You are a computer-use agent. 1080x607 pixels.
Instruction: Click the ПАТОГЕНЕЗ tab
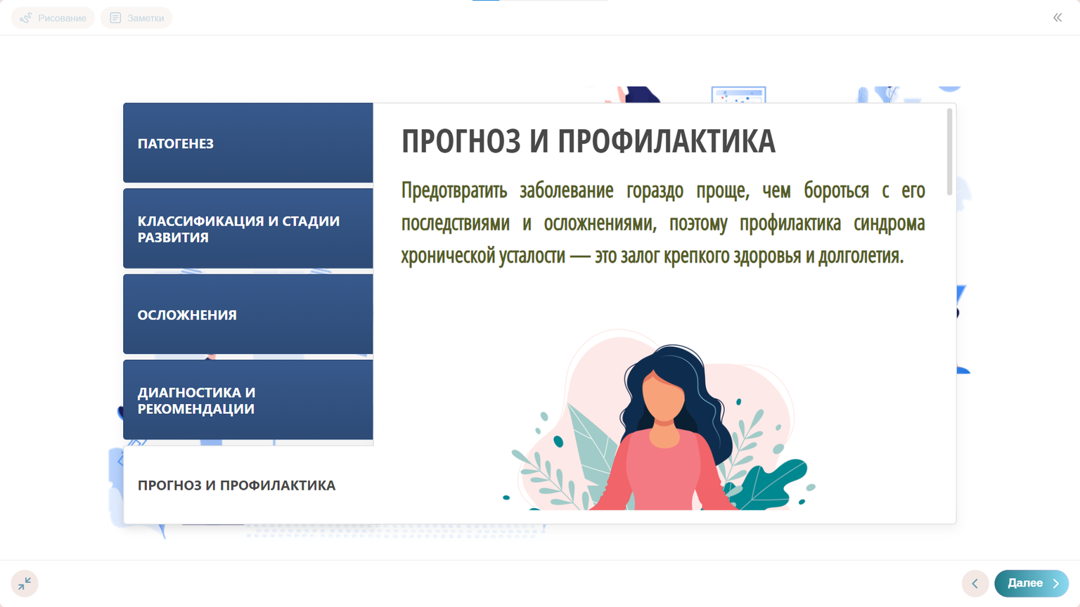247,143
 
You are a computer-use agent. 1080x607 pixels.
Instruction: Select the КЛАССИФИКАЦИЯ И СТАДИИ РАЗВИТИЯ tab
247,229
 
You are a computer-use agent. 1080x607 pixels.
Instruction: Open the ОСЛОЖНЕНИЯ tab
247,315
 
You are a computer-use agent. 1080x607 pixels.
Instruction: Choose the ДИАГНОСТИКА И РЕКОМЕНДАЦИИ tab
247,400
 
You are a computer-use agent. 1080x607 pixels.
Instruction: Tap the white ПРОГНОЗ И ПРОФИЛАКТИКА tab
247,485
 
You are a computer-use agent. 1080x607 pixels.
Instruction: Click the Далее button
1031,583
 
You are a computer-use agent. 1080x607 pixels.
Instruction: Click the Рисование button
53,18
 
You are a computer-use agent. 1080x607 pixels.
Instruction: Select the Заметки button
137,18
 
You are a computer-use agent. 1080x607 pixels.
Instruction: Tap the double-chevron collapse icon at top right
1057,18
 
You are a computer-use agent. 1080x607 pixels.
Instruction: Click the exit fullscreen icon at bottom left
25,583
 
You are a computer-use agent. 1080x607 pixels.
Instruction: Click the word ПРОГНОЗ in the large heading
461,141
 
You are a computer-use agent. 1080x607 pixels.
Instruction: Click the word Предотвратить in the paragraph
454,190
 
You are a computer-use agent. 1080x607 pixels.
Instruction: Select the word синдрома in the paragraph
889,223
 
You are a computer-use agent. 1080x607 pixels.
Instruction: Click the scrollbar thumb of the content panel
949,151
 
